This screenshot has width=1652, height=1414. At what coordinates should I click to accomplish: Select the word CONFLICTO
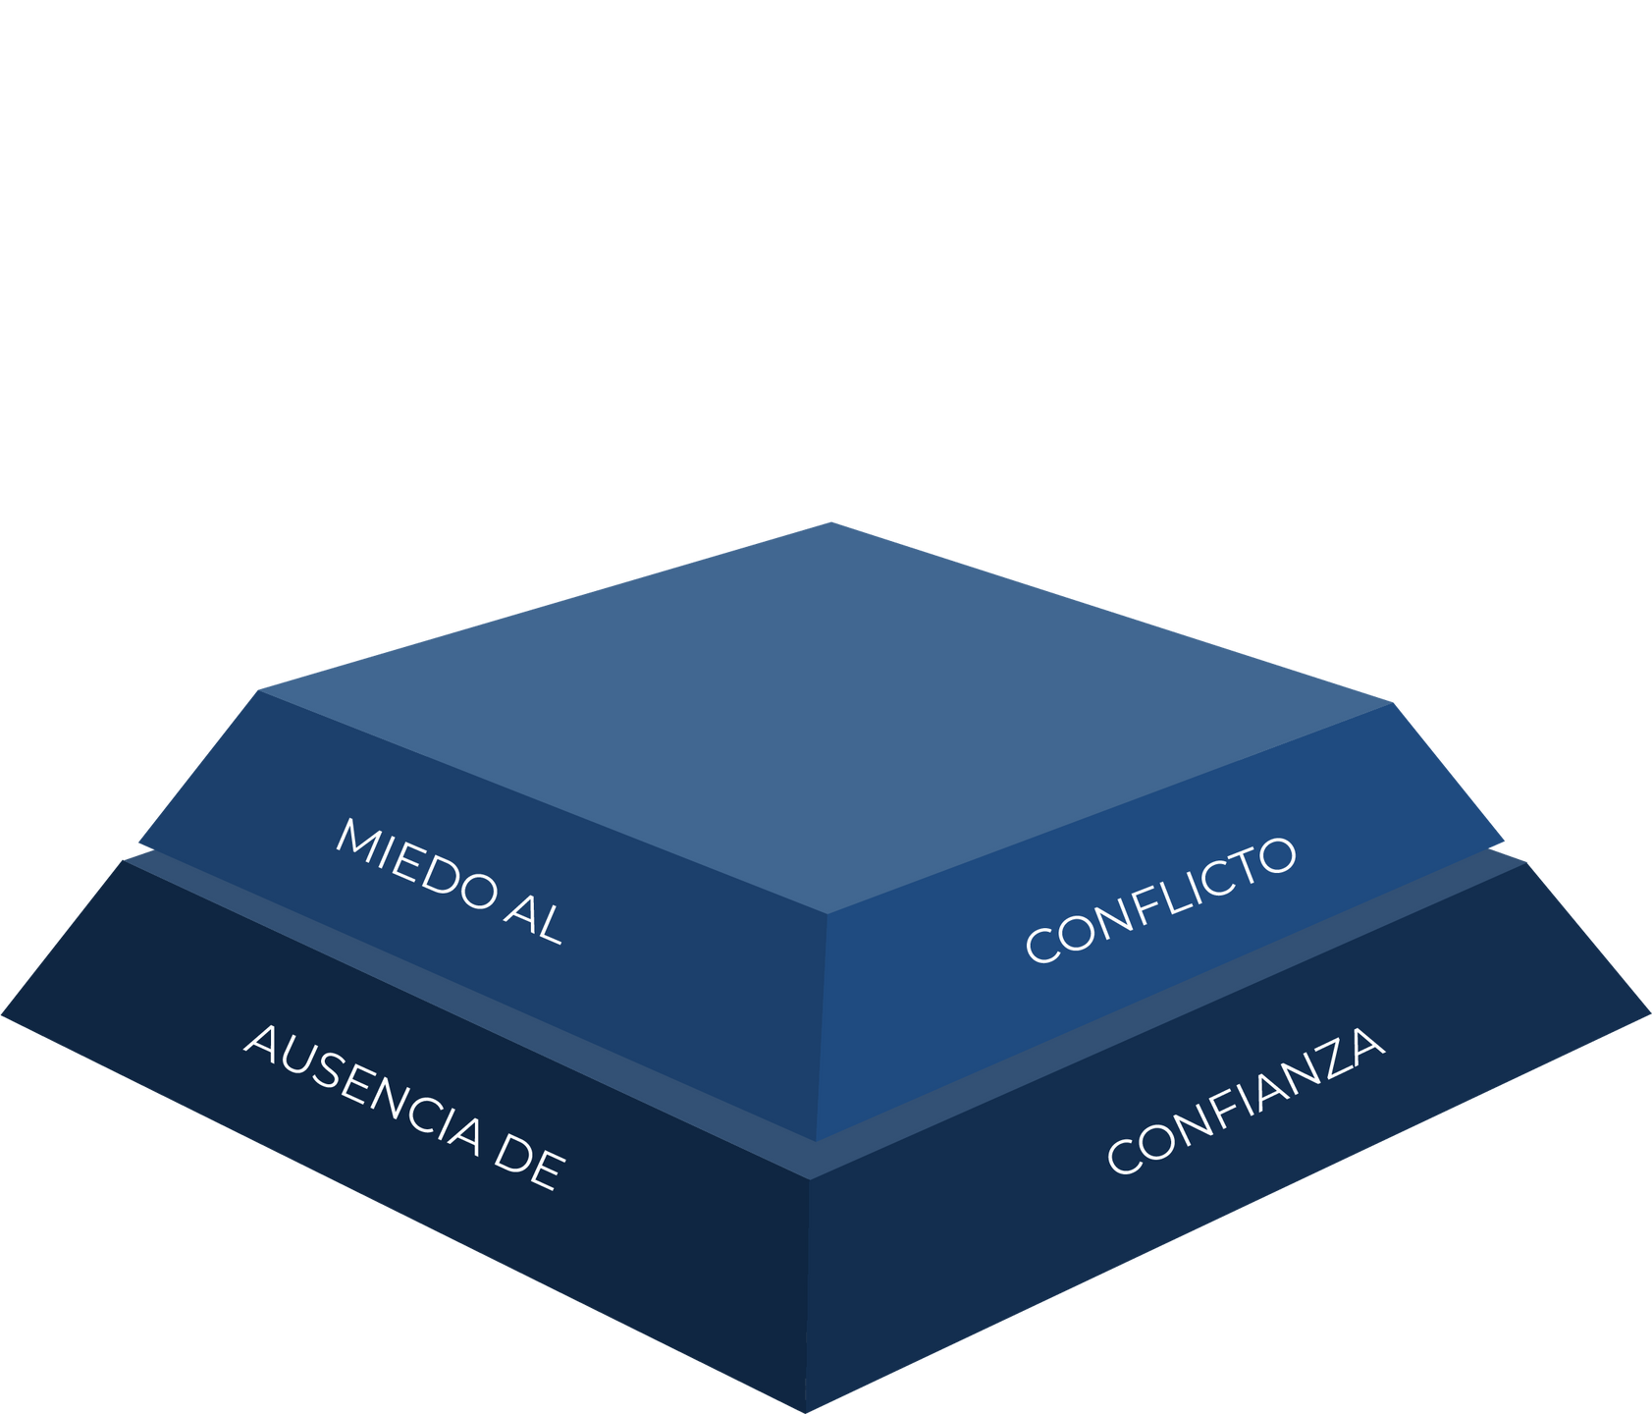click(1160, 899)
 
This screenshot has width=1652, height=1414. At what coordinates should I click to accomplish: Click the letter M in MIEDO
click(355, 842)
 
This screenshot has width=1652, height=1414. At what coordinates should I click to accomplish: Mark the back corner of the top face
click(831, 521)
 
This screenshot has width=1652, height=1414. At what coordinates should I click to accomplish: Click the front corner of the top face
click(826, 913)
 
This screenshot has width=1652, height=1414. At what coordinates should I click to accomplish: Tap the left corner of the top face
click(260, 690)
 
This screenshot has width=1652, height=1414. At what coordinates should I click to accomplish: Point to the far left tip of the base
click(4, 1016)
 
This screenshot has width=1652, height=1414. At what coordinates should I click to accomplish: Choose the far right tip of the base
click(1648, 1012)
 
